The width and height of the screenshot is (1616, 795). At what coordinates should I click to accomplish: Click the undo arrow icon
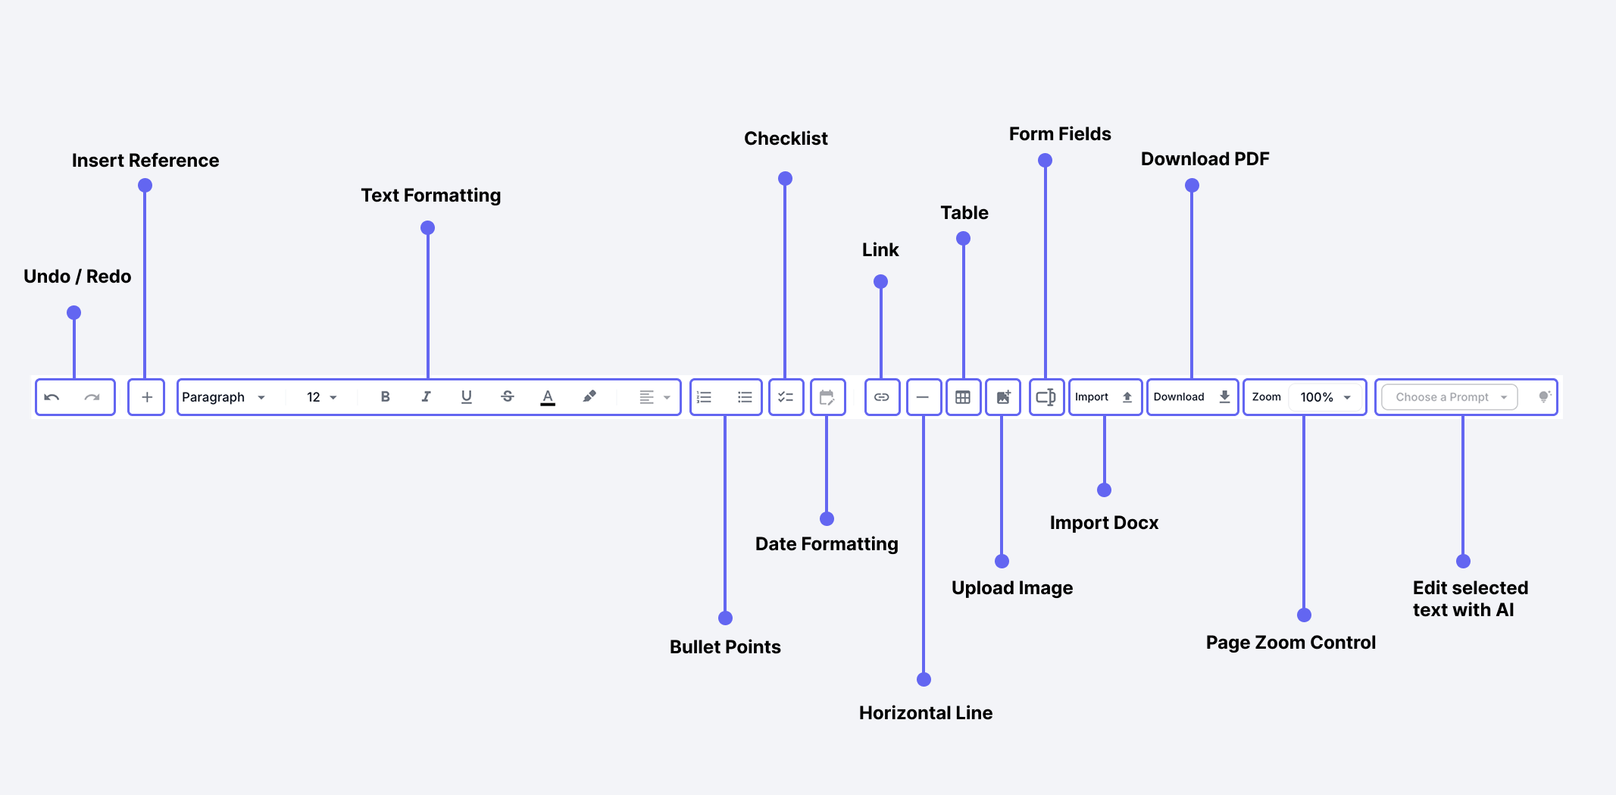tap(52, 397)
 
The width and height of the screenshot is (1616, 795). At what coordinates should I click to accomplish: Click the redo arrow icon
tap(92, 397)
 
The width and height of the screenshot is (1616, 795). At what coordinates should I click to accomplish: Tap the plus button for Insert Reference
tap(146, 397)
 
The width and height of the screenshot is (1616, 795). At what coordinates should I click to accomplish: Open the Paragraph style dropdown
tap(223, 397)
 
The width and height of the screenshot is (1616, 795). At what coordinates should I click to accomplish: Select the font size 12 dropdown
tap(321, 397)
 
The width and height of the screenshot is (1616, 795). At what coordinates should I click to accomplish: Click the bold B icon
tap(385, 396)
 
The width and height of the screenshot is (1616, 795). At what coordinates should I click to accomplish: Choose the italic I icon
tap(426, 396)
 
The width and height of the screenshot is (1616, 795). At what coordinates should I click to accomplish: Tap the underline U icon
tap(467, 396)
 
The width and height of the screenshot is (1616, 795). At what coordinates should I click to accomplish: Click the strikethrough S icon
tap(508, 396)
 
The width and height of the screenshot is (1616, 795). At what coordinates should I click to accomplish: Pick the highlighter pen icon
tap(589, 396)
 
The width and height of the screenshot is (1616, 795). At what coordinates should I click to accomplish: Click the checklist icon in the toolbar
tap(786, 397)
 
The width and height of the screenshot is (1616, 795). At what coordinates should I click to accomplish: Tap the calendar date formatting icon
tap(827, 397)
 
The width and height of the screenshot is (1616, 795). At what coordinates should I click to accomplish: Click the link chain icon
tap(881, 397)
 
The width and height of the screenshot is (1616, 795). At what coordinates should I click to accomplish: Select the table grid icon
tap(963, 397)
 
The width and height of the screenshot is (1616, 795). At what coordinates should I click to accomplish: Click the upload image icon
tap(1003, 397)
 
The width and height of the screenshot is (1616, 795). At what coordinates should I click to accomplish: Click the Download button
tap(1191, 397)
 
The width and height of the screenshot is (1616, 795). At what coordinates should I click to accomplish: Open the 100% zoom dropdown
tap(1325, 397)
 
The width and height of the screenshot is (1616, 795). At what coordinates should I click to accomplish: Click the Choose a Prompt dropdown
tap(1449, 397)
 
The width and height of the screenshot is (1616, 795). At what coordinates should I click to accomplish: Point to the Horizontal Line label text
tap(925, 712)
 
